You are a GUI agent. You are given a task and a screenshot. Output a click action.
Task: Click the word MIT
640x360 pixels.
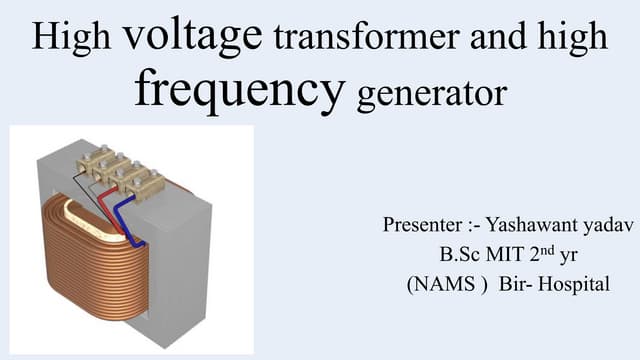496,255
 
